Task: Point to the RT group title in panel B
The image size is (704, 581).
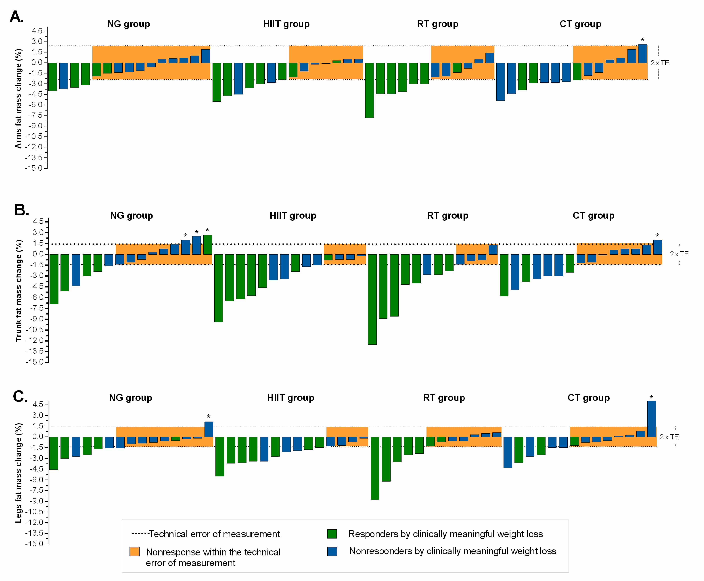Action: click(447, 215)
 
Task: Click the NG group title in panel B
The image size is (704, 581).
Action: click(131, 215)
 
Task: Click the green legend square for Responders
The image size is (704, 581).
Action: click(331, 534)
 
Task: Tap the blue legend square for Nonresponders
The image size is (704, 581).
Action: click(332, 551)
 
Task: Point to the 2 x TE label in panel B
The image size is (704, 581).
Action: click(679, 254)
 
